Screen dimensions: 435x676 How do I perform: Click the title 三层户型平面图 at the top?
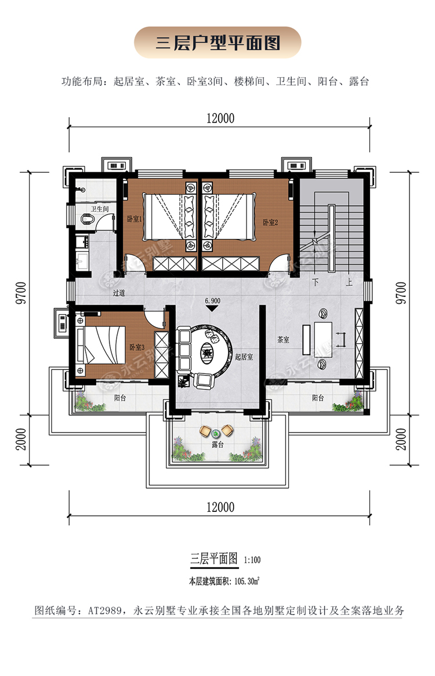[x=217, y=43]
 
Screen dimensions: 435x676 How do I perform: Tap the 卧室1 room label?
[x=134, y=219]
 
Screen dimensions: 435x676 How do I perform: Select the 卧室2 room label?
[x=270, y=223]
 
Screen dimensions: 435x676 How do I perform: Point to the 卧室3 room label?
[x=137, y=347]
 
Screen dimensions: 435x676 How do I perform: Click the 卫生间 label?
[x=100, y=209]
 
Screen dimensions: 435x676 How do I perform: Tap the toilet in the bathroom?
[x=88, y=220]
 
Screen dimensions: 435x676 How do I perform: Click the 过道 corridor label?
[x=119, y=293]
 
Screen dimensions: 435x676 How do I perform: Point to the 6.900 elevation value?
[x=212, y=301]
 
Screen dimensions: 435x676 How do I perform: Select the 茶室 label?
[x=283, y=340]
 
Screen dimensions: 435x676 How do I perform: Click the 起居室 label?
[x=244, y=357]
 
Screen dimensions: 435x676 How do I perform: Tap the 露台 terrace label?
[x=217, y=445]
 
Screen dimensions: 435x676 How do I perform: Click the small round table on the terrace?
[x=216, y=431]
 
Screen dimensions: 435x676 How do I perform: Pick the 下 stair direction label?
[x=316, y=282]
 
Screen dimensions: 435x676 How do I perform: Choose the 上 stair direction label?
[x=349, y=282]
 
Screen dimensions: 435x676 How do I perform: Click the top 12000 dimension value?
[x=220, y=118]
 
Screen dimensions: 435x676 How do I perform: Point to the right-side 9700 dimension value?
[x=401, y=293]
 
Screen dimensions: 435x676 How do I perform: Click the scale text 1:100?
[x=252, y=560]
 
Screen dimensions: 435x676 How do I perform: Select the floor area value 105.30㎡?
[x=246, y=581]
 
